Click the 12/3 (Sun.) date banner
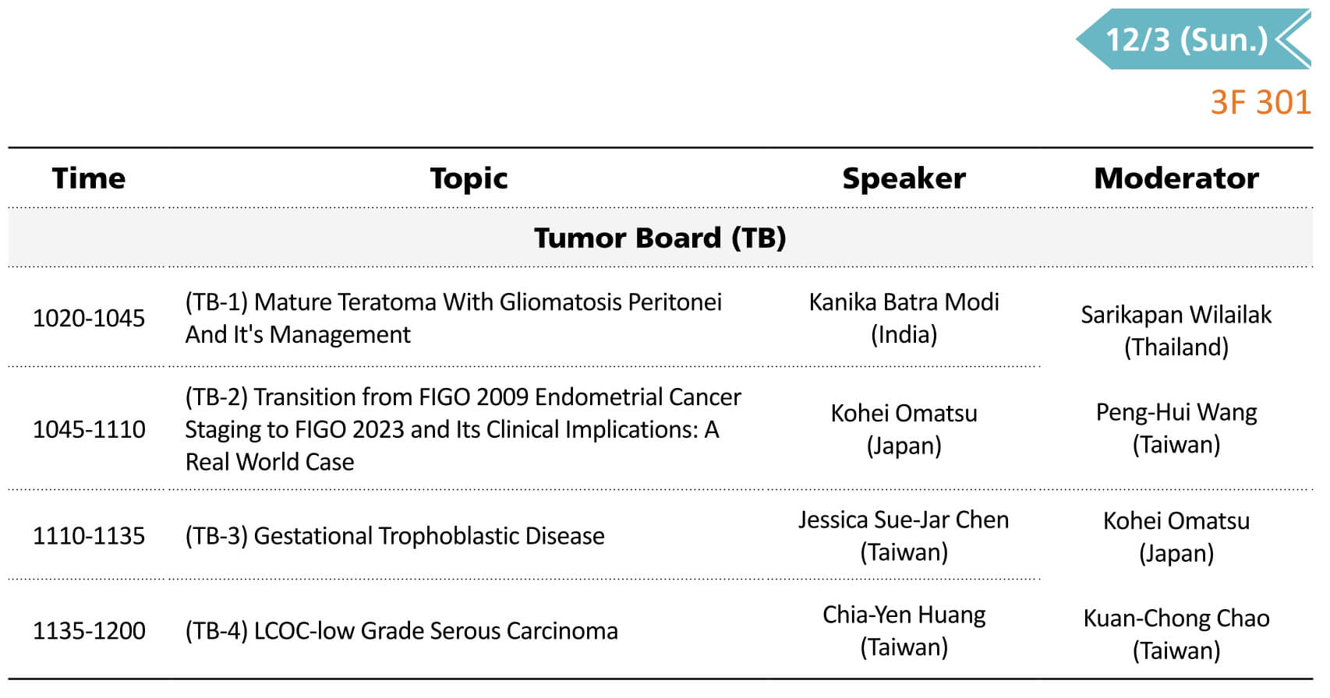point(1194,39)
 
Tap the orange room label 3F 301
point(1261,103)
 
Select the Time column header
point(88,178)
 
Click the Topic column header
point(469,178)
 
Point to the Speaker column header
point(904,178)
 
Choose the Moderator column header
point(1176,178)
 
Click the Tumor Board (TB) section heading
point(660,238)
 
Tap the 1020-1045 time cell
point(89,318)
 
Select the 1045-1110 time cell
point(89,429)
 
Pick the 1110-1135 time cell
point(89,536)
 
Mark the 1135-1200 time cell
point(89,630)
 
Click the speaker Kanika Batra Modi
point(904,302)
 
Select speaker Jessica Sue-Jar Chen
point(904,520)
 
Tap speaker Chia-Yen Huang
point(904,615)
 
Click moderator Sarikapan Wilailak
point(1176,316)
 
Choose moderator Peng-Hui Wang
point(1176,413)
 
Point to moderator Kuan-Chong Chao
point(1176,619)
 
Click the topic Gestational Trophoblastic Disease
point(430,536)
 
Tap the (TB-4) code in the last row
point(216,630)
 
